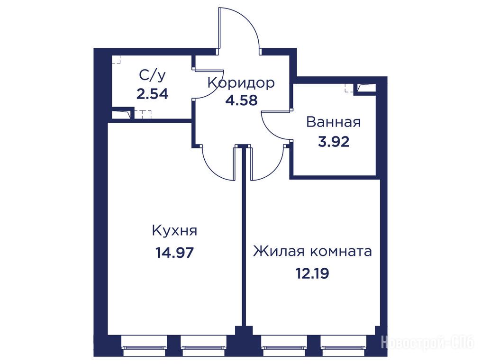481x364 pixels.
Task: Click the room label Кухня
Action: click(174, 231)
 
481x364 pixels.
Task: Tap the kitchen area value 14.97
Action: click(175, 253)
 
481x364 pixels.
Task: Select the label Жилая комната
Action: click(312, 251)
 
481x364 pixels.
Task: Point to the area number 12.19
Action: click(312, 273)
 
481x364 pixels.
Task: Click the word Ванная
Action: click(334, 122)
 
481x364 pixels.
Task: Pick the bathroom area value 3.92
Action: click(334, 142)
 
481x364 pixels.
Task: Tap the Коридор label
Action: click(241, 83)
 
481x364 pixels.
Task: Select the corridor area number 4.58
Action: click(241, 100)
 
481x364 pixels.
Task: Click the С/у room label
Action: click(153, 75)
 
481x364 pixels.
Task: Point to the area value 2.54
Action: click(153, 94)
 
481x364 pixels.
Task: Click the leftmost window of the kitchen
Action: click(145, 346)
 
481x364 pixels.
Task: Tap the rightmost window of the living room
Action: click(344, 346)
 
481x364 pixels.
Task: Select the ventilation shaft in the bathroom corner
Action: click(365, 88)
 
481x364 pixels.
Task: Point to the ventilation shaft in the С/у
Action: click(122, 113)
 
